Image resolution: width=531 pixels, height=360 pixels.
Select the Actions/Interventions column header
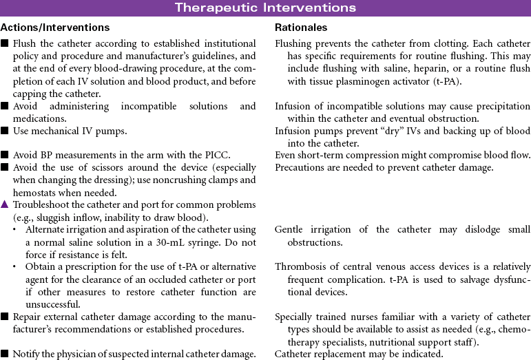click(55, 28)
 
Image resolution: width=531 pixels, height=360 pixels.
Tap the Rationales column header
click(301, 28)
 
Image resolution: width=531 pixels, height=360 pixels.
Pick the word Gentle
click(290, 229)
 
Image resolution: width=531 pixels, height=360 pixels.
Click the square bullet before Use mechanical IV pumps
click(6, 131)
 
